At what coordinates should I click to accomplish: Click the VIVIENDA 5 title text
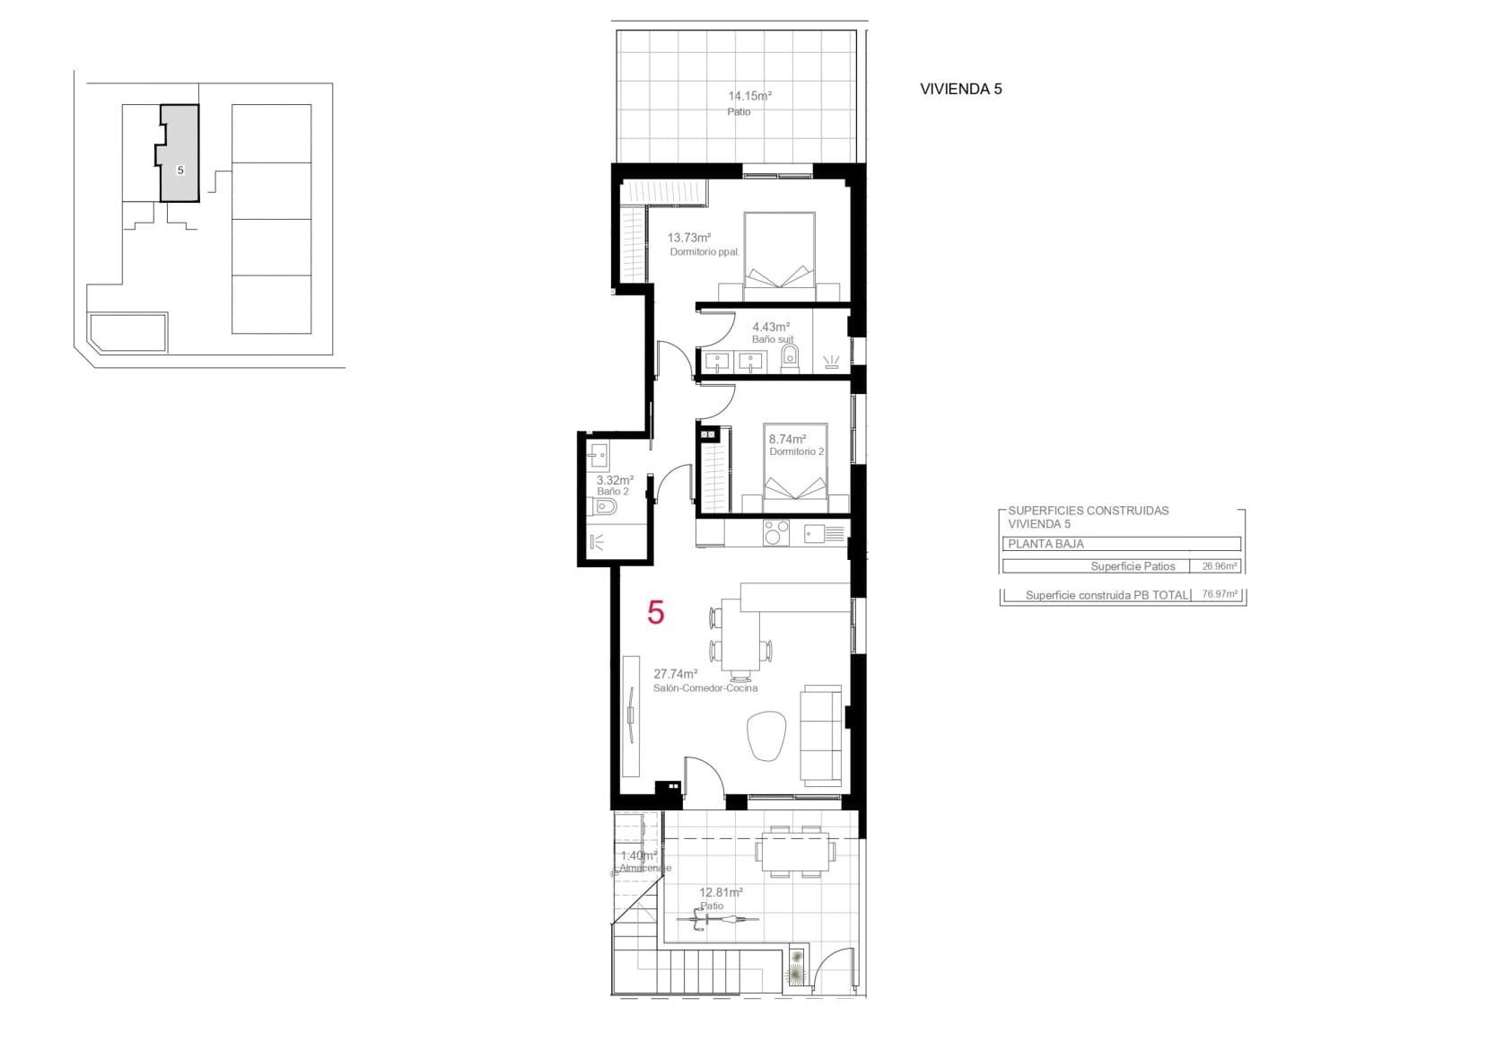[x=960, y=89]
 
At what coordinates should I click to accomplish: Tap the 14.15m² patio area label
[x=749, y=95]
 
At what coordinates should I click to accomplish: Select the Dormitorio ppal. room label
[x=704, y=252]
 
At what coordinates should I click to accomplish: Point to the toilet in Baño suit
[x=790, y=361]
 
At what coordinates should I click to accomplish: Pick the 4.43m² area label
[x=770, y=328]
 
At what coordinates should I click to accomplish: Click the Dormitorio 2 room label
[x=796, y=451]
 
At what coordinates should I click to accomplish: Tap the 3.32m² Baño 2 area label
[x=615, y=480]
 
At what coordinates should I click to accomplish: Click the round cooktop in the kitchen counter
[x=774, y=534]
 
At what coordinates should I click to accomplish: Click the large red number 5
[x=656, y=613]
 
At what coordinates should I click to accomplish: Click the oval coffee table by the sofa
[x=766, y=736]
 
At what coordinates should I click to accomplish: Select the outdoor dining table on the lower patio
[x=796, y=851]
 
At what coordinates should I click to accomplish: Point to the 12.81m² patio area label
[x=721, y=893]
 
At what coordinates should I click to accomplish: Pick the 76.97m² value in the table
[x=1219, y=594]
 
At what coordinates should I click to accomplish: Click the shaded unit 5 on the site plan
[x=179, y=153]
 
